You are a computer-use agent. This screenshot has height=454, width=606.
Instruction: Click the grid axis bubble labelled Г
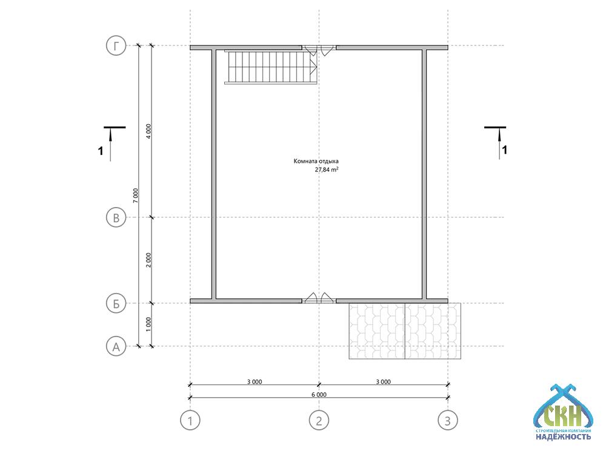[116, 46]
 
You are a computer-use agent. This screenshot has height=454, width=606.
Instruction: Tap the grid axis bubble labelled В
[116, 218]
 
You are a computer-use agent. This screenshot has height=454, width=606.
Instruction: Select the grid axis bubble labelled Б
[116, 303]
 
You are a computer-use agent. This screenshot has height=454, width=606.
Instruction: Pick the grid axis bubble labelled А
[116, 346]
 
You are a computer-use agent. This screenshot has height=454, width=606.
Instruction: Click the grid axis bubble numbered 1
[190, 421]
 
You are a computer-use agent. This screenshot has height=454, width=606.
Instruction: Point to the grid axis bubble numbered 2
[319, 421]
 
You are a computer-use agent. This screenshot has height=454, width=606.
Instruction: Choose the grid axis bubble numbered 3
[448, 421]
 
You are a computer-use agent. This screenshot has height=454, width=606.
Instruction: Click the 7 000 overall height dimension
[135, 196]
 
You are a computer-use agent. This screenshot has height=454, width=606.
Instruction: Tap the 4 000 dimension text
[148, 131]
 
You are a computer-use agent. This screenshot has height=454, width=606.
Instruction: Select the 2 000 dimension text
[148, 260]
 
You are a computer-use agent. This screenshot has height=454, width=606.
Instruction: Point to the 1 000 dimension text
[148, 324]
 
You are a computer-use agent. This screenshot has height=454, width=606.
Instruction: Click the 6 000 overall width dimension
[319, 395]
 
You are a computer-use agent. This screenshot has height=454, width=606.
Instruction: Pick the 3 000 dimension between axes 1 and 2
[255, 382]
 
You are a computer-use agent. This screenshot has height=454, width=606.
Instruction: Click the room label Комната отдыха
[316, 162]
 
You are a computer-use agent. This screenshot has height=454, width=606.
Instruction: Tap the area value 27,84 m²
[327, 169]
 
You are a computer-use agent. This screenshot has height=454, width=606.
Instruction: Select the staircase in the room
[271, 67]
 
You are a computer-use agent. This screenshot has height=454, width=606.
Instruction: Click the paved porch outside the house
[405, 331]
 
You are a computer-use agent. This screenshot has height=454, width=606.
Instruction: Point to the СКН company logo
[563, 412]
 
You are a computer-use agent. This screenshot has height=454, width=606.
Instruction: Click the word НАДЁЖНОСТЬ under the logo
[563, 437]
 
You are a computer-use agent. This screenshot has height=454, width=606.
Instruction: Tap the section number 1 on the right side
[504, 150]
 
